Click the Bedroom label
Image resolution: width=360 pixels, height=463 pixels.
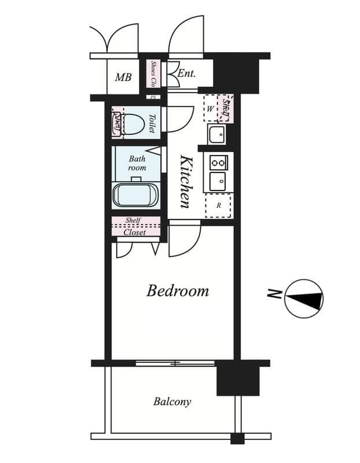point(178,291)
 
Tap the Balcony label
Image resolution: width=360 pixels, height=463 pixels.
point(172,401)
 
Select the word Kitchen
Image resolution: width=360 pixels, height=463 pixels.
point(186,181)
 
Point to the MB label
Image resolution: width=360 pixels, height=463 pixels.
point(123,77)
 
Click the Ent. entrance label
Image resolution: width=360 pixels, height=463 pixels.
point(186,74)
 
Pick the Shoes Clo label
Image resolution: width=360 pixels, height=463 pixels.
point(154,74)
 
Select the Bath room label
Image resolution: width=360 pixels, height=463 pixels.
point(137,163)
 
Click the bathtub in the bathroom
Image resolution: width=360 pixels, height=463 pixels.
point(135,195)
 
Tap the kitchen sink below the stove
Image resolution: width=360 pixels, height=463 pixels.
point(218,181)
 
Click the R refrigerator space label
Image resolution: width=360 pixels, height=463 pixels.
point(218,205)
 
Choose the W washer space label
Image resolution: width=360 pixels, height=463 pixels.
point(210,108)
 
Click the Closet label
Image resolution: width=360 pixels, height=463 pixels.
point(135,232)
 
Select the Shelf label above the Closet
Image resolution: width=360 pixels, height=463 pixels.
point(133,221)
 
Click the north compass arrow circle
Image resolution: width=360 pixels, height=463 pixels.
point(304,299)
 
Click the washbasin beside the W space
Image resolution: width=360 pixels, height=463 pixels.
point(216,135)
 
